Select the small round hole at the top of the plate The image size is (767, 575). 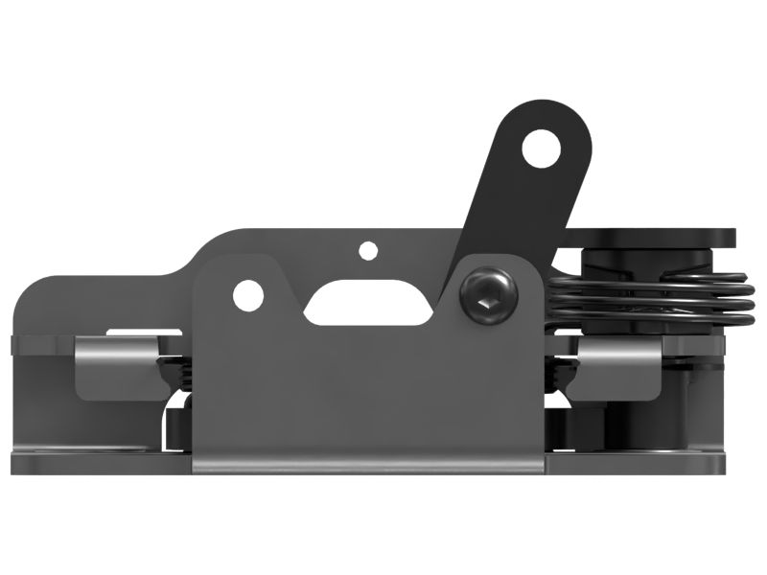367,251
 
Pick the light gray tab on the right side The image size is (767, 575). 618,361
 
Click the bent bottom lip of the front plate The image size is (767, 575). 369,467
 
